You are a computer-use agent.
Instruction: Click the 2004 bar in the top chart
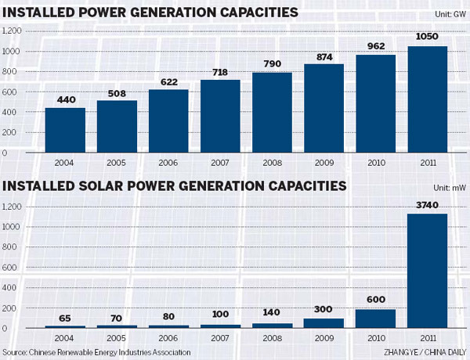(x=65, y=130)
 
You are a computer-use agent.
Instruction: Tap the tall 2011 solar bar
(x=428, y=271)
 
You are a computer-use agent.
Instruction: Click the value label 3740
(x=428, y=206)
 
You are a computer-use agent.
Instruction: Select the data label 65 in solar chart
(x=65, y=319)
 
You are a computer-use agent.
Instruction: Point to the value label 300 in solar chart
(x=325, y=311)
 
